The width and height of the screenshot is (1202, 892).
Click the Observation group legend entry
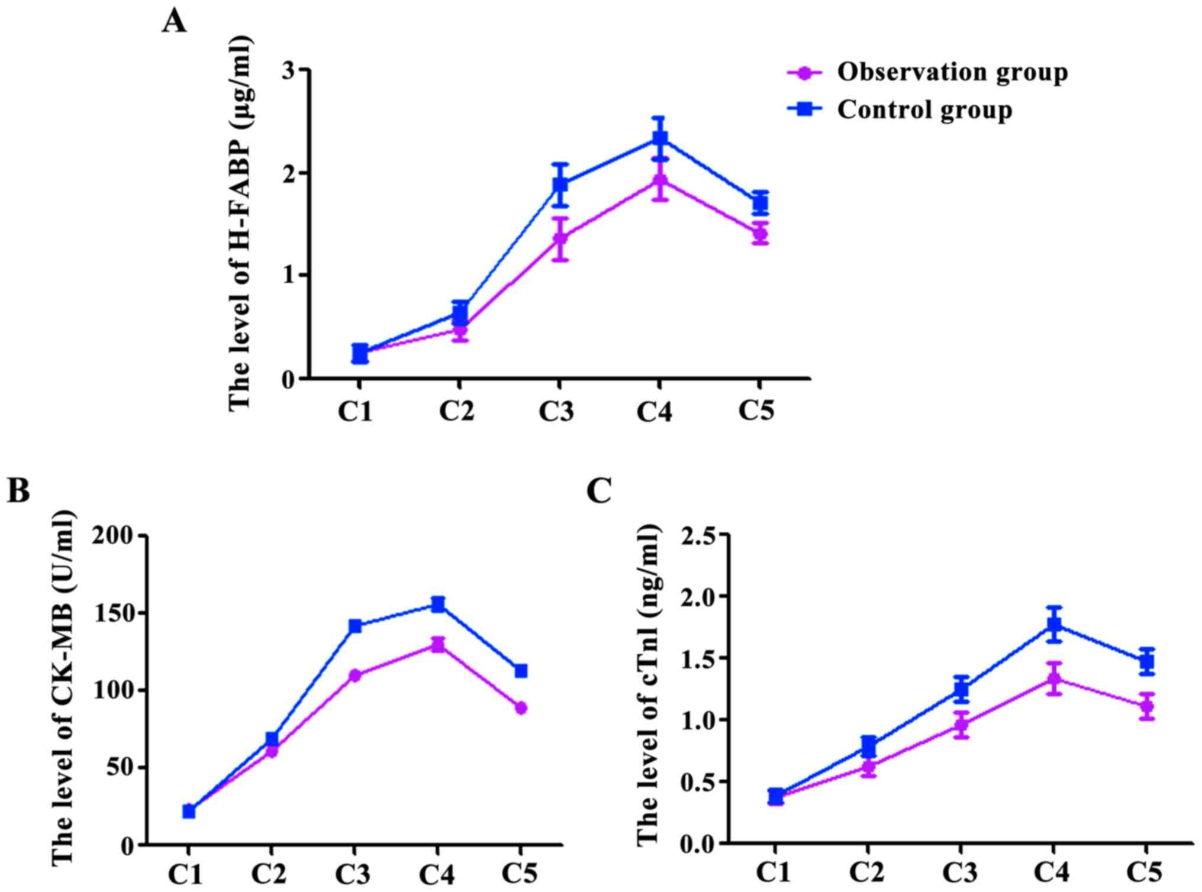coord(952,72)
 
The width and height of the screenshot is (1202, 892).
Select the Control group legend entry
coord(924,110)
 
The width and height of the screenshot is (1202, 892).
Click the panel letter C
coord(599,491)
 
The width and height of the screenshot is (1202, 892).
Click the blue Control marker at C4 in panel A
coord(660,138)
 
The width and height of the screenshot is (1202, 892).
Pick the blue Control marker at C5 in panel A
coord(760,203)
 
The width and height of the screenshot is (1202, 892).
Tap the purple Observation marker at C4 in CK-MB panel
coord(437,645)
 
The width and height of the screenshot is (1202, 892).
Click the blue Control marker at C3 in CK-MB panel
coord(355,626)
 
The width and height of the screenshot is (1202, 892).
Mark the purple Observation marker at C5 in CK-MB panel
coord(521,708)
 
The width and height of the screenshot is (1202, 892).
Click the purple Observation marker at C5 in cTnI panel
coord(1146,706)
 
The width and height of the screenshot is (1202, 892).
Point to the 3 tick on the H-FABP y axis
coord(289,70)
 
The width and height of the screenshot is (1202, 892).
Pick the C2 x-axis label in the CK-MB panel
coord(270,873)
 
